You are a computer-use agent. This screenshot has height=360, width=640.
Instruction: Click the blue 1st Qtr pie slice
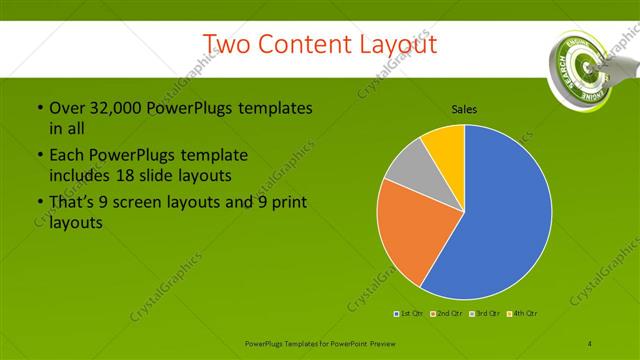pyautogui.click(x=500, y=220)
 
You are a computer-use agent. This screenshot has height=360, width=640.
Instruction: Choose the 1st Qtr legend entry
pyautogui.click(x=409, y=313)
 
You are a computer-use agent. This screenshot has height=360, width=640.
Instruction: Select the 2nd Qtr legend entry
pyautogui.click(x=446, y=313)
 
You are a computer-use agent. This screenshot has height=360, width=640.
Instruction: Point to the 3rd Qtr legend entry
pyautogui.click(x=485, y=313)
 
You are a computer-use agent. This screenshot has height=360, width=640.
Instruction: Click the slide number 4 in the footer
pyautogui.click(x=590, y=343)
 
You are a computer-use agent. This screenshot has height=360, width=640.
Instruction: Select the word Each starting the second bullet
pyautogui.click(x=66, y=156)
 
